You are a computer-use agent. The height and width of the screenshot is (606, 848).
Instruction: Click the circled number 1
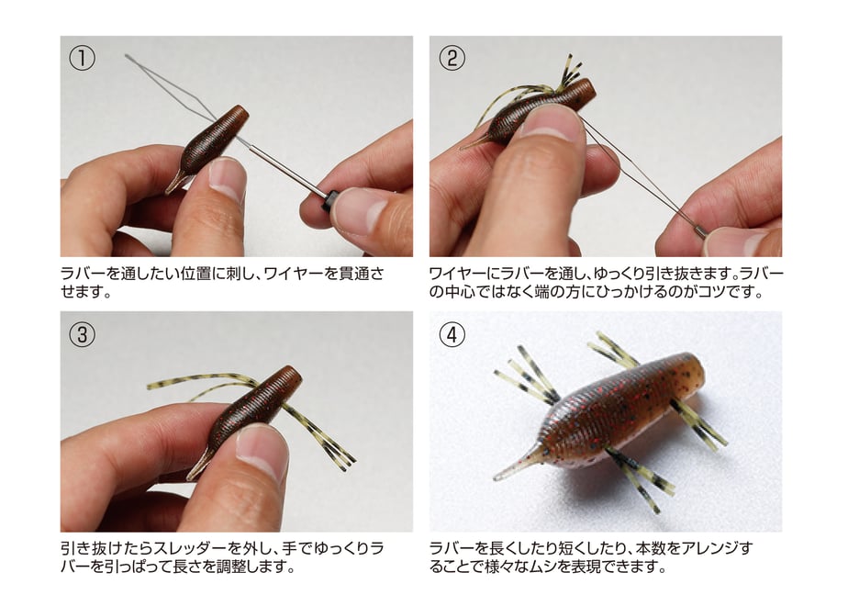83,58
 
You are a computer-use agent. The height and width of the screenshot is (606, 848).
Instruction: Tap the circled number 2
452,58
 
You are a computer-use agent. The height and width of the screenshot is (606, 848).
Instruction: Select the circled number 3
83,334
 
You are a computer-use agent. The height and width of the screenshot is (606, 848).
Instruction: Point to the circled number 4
452,334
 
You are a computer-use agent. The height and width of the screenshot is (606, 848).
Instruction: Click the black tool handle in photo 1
329,201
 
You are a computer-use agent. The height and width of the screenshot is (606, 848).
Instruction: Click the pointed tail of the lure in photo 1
174,183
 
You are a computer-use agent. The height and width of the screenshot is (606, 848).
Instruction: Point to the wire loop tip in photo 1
128,56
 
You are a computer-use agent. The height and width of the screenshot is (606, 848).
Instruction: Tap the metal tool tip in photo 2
700,232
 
